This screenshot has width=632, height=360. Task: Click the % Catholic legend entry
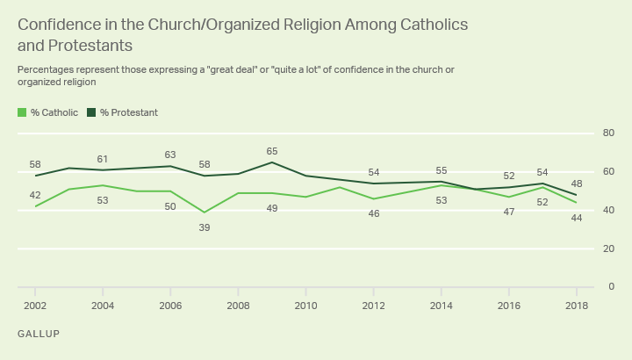click(48, 112)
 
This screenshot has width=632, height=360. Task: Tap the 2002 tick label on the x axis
click(35, 305)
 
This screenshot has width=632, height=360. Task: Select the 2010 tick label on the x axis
click(305, 305)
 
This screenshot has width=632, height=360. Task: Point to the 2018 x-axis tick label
click(576, 305)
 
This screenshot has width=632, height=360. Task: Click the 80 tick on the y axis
click(606, 133)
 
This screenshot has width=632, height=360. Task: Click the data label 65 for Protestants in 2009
click(272, 152)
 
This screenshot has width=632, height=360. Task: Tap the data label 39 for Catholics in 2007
click(205, 227)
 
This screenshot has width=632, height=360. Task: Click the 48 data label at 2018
click(576, 184)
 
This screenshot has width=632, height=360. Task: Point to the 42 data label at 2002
click(35, 195)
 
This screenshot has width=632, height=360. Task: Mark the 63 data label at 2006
click(170, 155)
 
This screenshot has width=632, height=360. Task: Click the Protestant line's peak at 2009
click(272, 162)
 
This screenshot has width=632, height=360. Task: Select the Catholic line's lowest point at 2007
click(205, 212)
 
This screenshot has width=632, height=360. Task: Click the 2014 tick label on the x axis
click(441, 305)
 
